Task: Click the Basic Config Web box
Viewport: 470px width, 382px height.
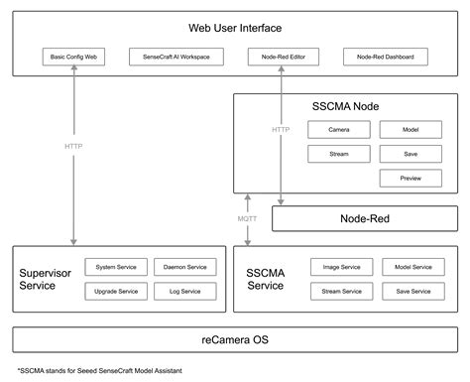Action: coord(73,58)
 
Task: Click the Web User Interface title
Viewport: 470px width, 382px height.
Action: coord(235,27)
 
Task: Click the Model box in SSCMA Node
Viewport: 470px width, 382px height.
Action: coord(410,130)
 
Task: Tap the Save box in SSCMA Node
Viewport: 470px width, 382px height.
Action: coord(410,154)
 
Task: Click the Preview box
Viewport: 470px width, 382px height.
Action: coord(410,179)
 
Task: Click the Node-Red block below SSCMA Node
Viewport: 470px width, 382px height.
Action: coord(364,218)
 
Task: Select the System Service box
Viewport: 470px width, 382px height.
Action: coord(117,267)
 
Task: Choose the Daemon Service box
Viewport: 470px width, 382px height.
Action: coord(183,267)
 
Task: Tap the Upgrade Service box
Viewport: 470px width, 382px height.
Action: coord(117,292)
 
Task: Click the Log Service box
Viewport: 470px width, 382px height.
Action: coord(183,292)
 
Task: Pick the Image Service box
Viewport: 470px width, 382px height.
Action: coord(340,267)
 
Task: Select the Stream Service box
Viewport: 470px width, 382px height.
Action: coord(340,292)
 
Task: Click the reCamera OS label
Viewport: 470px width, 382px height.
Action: coord(235,340)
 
